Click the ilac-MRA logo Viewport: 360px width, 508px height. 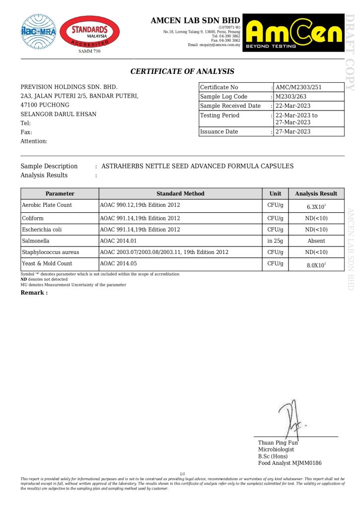pyautogui.click(x=39, y=31)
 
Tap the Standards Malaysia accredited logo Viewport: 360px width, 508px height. pyautogui.click(x=89, y=32)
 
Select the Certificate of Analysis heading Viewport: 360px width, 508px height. pyautogui.click(x=182, y=71)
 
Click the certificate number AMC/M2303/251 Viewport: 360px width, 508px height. pyautogui.click(x=298, y=87)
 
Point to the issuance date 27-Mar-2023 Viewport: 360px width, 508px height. pyautogui.click(x=292, y=131)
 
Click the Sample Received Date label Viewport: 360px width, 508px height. pyautogui.click(x=230, y=106)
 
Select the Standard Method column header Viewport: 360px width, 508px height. pyautogui.click(x=180, y=193)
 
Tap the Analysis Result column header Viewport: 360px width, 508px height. pyautogui.click(x=316, y=193)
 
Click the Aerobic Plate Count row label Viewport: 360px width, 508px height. pyautogui.click(x=47, y=205)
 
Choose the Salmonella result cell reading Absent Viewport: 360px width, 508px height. pyautogui.click(x=316, y=241)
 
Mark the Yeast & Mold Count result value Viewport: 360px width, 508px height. pyautogui.click(x=316, y=265)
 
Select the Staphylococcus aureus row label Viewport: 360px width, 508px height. pyautogui.click(x=50, y=252)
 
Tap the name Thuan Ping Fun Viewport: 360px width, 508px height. pyautogui.click(x=278, y=443)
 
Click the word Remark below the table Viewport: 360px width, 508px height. pyautogui.click(x=34, y=293)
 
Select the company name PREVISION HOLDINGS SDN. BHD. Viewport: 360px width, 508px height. pyautogui.click(x=69, y=87)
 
